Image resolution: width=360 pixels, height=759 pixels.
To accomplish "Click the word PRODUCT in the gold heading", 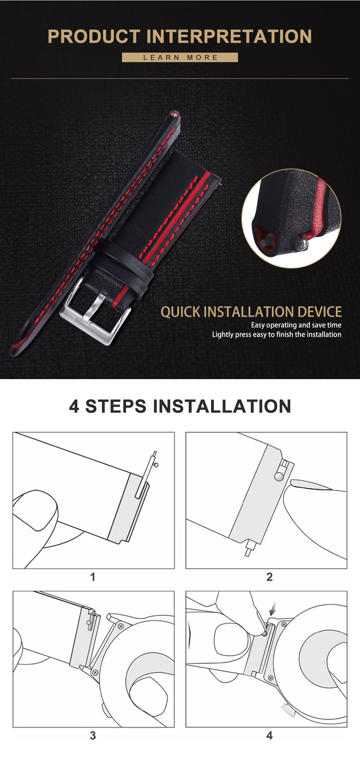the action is [x=94, y=37].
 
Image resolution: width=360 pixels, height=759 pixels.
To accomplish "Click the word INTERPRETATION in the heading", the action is [x=229, y=37].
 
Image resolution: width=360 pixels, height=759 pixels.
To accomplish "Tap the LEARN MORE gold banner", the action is [x=180, y=58].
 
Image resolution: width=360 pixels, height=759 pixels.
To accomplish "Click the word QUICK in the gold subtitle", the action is [x=180, y=312].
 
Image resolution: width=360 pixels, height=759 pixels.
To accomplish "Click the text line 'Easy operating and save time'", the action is [x=296, y=325].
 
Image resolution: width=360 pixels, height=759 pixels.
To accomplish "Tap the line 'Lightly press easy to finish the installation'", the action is [x=277, y=334].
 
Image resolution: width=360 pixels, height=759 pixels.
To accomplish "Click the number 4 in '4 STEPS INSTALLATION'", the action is [x=74, y=406].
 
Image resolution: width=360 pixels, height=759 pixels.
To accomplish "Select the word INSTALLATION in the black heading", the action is [x=222, y=406].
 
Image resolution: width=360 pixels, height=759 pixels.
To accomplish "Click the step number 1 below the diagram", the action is [x=93, y=577].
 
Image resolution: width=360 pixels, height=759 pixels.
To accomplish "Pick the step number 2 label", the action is [x=269, y=577].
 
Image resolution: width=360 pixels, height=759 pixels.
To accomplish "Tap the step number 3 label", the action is [x=93, y=736].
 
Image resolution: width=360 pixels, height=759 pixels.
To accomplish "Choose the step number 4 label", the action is [x=269, y=736].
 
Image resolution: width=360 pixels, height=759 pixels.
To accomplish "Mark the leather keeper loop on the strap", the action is [x=123, y=265].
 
